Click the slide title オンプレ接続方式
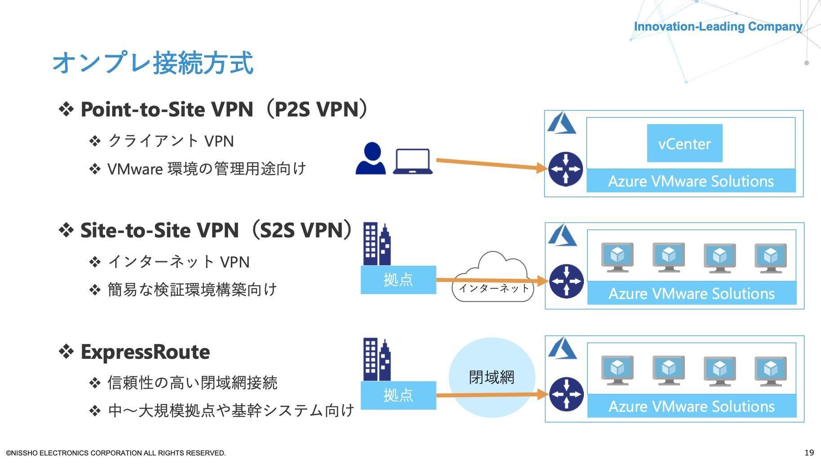[x=153, y=62]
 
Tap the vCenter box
[x=684, y=143]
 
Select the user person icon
[x=371, y=158]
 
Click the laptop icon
[x=412, y=161]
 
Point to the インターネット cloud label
[x=493, y=288]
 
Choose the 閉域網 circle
[x=492, y=377]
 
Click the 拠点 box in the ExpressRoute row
[x=398, y=395]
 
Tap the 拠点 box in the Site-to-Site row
[x=398, y=280]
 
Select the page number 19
[x=809, y=452]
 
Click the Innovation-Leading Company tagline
[x=718, y=27]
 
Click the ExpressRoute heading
[x=145, y=352]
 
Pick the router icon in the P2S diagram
[x=565, y=169]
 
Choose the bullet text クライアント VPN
[x=171, y=141]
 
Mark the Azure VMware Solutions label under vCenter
[x=691, y=181]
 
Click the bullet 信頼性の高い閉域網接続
[x=192, y=383]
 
